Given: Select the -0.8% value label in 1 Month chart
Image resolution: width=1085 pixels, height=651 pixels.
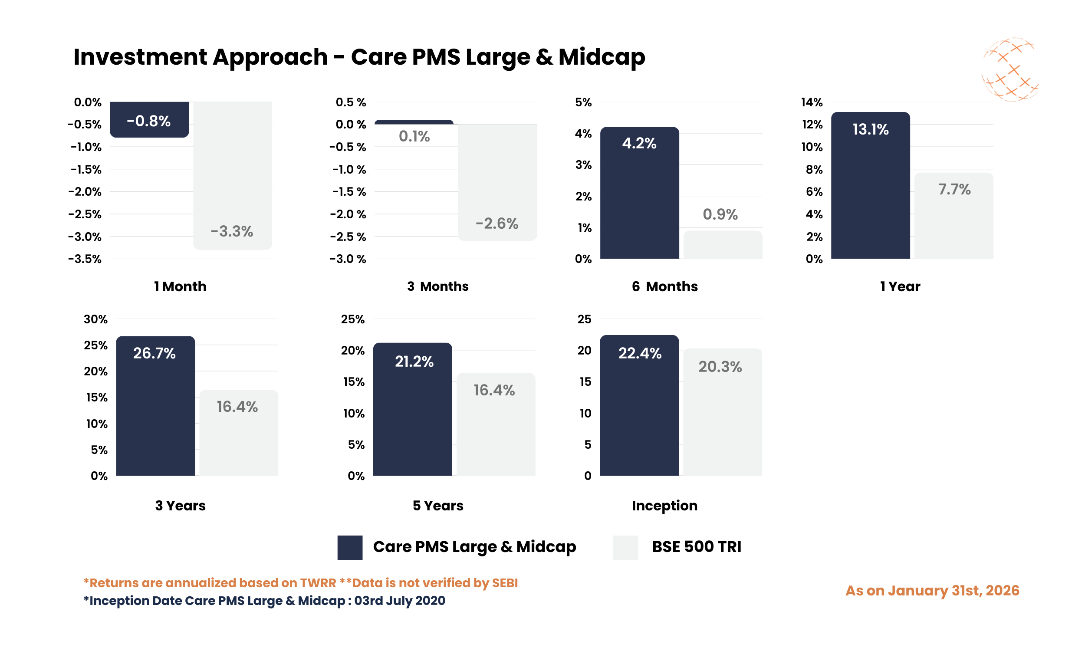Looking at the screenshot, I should (148, 121).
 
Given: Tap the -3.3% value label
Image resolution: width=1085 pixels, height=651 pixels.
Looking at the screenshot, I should (232, 231).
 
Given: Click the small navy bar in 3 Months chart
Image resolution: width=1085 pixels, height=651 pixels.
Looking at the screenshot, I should (414, 122).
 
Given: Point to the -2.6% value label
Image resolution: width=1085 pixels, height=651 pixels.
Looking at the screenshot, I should (496, 224).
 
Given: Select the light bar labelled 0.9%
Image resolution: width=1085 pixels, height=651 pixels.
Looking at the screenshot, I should (722, 245).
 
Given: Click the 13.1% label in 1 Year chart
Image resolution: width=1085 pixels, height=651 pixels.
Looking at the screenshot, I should (870, 129).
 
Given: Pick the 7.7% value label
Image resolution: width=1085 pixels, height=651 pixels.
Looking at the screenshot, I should (954, 190).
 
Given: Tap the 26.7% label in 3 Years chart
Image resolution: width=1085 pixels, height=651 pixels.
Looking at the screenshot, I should (154, 353).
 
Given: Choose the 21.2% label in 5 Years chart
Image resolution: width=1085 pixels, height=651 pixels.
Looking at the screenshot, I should (414, 362).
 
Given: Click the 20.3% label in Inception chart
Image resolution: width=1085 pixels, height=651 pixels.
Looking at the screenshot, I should (720, 367).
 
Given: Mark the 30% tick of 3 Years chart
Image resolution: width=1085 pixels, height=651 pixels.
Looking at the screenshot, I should (95, 319).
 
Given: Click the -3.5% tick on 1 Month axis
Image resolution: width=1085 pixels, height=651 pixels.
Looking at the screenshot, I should (84, 259).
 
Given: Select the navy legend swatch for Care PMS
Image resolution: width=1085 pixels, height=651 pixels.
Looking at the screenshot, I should (349, 547).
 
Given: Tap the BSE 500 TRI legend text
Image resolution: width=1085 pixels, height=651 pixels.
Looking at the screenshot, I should (696, 546).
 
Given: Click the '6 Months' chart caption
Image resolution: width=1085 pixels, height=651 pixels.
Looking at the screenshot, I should (664, 286).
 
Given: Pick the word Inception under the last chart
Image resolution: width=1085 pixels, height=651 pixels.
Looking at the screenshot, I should (664, 505).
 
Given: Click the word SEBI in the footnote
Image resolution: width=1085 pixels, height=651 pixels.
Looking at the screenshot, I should (504, 583).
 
